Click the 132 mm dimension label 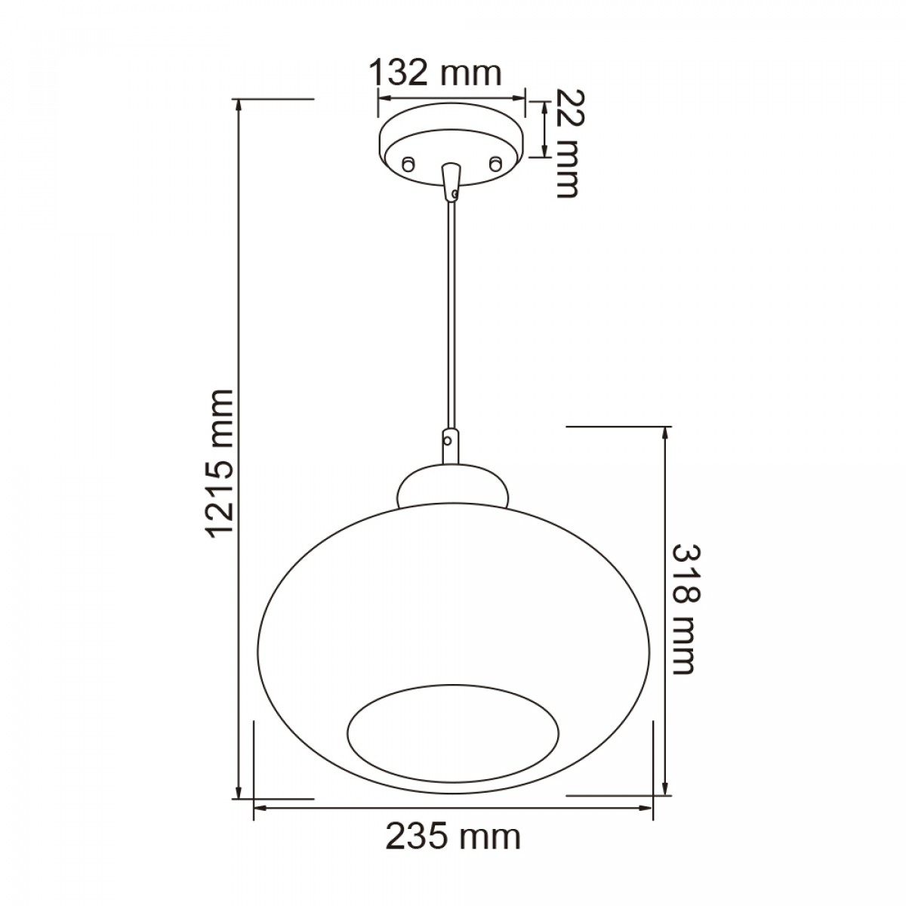click(436, 73)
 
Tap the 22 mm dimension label click(569, 143)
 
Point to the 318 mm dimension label click(685, 610)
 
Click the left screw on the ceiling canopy click(408, 164)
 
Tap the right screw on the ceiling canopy click(495, 164)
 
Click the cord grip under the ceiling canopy click(451, 182)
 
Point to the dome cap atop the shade click(452, 487)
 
